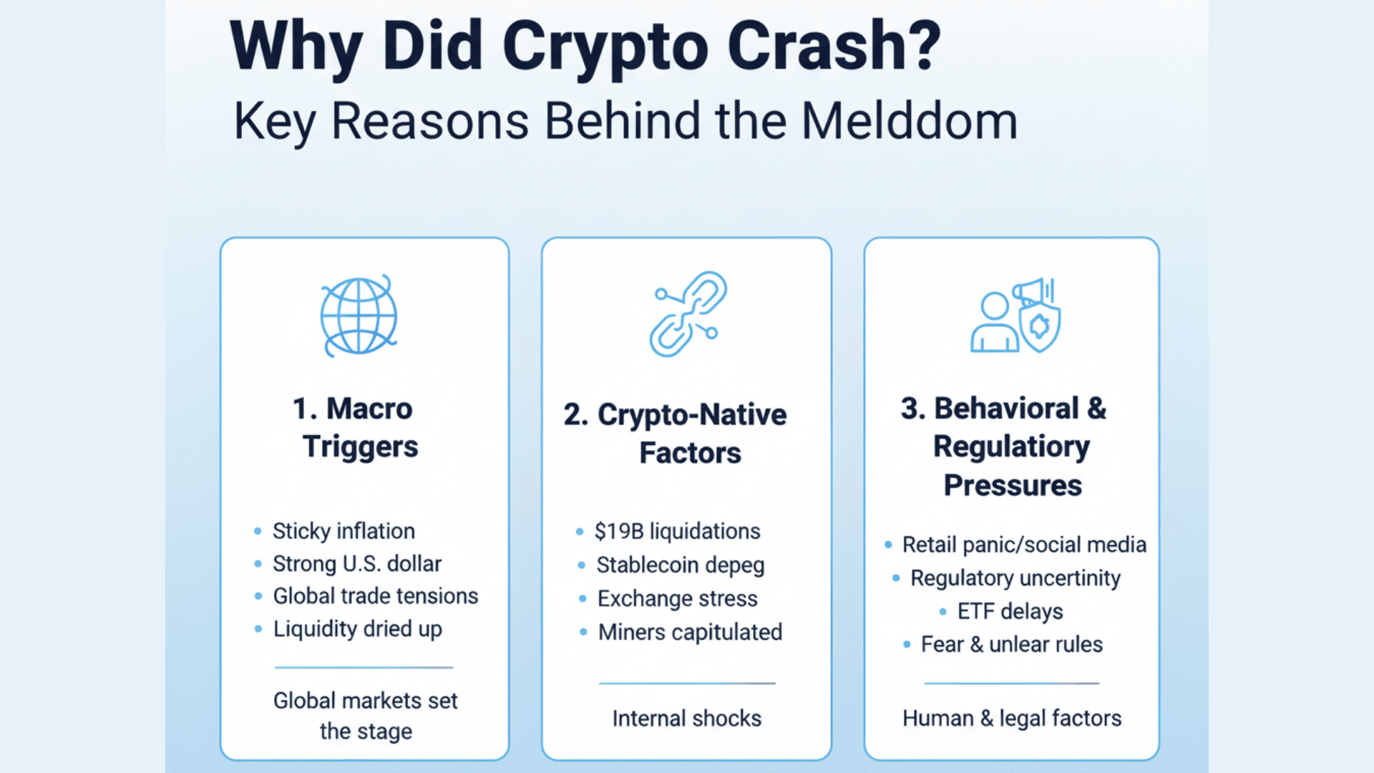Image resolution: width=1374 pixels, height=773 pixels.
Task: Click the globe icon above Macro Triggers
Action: (x=359, y=316)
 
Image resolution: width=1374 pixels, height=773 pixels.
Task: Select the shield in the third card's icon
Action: (x=1040, y=326)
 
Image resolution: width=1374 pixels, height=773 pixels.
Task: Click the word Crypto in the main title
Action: (x=605, y=47)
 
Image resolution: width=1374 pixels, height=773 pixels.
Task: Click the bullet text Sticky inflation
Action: (x=343, y=531)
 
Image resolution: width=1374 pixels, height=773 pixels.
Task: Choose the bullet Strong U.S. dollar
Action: (x=357, y=564)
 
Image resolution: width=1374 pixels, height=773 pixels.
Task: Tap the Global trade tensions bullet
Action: (x=376, y=596)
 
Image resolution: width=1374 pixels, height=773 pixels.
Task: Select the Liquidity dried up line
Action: (x=358, y=629)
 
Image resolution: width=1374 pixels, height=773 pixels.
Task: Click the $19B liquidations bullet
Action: (x=677, y=532)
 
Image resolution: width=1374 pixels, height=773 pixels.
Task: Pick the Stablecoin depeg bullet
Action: (x=681, y=565)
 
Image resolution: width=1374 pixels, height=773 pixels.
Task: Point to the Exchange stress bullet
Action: (x=677, y=598)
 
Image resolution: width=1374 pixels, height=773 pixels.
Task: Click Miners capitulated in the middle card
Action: (x=690, y=632)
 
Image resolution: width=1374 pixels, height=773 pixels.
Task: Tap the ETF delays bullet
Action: (x=1010, y=611)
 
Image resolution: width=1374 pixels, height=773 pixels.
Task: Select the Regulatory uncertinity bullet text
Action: (x=1015, y=578)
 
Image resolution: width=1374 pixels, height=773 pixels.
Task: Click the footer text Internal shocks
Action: (x=687, y=719)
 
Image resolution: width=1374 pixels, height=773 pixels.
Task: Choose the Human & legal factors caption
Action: (x=1012, y=718)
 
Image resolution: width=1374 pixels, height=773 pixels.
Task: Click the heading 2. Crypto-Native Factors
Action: (x=676, y=434)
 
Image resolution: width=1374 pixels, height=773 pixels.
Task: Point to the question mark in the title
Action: (x=926, y=46)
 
